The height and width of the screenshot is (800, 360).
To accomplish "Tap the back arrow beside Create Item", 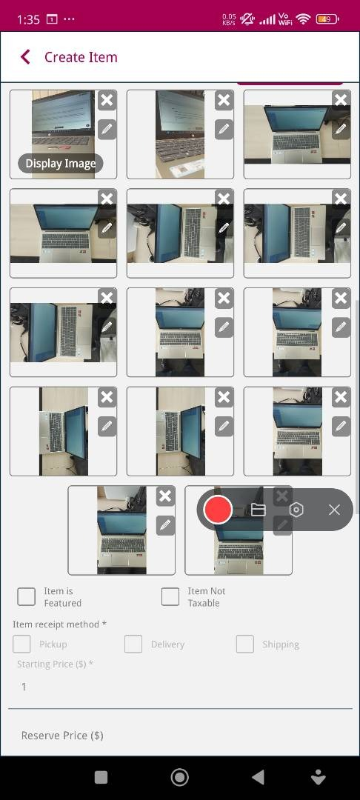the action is click(x=25, y=57).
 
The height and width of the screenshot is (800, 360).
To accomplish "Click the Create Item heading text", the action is click(x=81, y=57).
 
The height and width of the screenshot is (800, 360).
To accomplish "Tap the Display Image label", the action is click(x=61, y=164).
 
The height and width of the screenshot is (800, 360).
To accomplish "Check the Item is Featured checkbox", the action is click(x=27, y=596).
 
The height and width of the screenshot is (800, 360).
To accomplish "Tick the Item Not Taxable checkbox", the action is click(x=170, y=596).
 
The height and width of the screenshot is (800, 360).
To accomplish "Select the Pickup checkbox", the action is click(x=22, y=644).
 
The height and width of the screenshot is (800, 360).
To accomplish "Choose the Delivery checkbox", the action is click(x=133, y=644).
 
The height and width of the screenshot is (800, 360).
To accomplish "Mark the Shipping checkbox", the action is click(x=245, y=644).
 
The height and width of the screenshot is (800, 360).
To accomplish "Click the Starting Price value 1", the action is click(x=24, y=687).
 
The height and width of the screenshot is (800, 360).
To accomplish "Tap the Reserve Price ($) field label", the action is click(x=62, y=736).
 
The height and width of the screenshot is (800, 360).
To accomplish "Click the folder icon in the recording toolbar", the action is click(x=259, y=510).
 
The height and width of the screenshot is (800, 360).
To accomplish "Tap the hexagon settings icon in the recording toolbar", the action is click(x=296, y=510).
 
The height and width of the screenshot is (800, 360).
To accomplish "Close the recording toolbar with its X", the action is click(x=335, y=510).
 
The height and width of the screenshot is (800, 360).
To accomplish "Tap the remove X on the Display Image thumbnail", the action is click(x=107, y=100).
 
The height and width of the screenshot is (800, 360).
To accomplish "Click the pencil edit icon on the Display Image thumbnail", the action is click(x=107, y=130).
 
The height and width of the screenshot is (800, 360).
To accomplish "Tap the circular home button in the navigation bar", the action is click(x=179, y=777).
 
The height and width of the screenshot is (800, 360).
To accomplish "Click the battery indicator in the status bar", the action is click(x=327, y=19).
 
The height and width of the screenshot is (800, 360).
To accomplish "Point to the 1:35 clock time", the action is click(x=28, y=19).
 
